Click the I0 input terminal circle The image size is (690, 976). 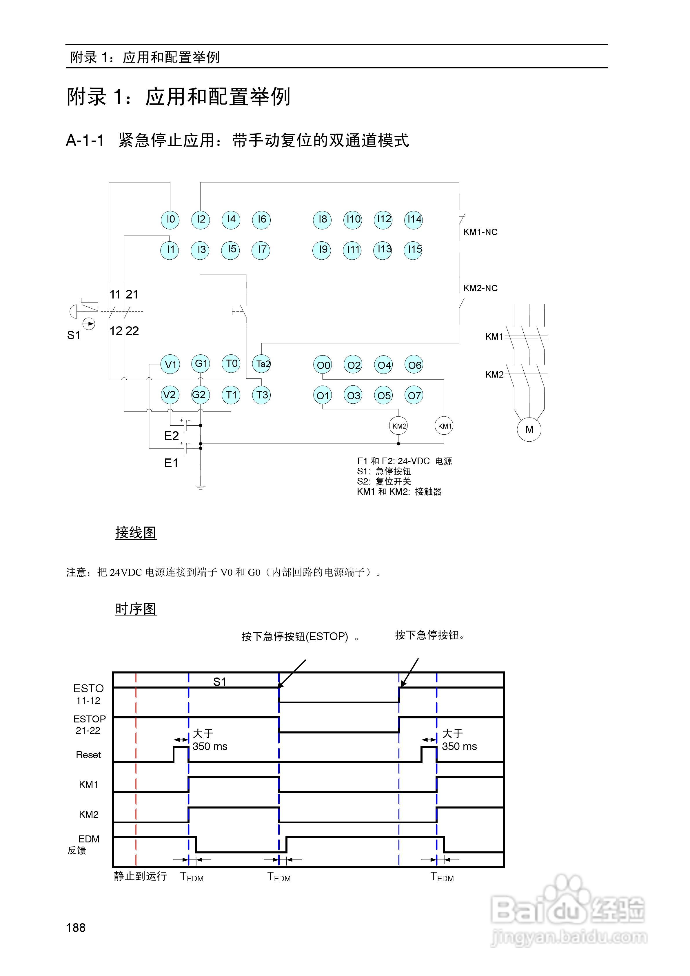(x=170, y=219)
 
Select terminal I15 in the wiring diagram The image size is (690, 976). (x=413, y=250)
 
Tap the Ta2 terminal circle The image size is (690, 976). (x=262, y=364)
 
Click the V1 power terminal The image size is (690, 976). (x=170, y=364)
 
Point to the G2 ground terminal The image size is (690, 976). (x=200, y=395)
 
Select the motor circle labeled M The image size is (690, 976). (x=529, y=429)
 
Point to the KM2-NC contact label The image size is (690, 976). (x=480, y=288)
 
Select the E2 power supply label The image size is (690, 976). (x=171, y=436)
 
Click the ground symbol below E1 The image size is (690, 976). (x=201, y=487)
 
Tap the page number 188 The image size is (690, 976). (x=76, y=928)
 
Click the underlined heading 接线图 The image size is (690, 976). (x=136, y=533)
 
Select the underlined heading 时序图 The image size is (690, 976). (x=136, y=609)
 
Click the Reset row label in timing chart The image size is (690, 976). (x=88, y=755)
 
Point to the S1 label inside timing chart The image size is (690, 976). (x=219, y=682)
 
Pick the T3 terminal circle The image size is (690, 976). (x=262, y=395)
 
